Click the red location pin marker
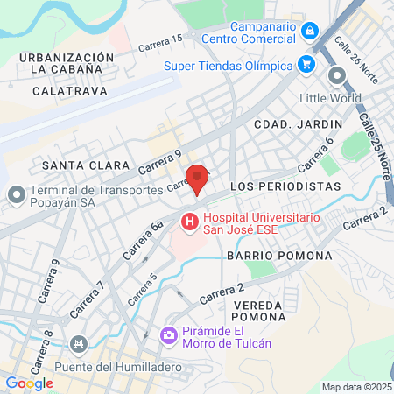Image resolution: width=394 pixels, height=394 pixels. point(198,179)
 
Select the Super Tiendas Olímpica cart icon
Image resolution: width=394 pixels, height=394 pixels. point(306,64)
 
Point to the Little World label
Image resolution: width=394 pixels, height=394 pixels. point(331,97)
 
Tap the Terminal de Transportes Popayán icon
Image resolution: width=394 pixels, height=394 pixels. point(17,197)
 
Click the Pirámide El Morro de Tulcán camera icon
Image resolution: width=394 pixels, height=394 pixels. point(169,334)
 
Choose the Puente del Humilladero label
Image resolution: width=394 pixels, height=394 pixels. point(124,365)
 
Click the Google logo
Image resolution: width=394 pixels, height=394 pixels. point(29,383)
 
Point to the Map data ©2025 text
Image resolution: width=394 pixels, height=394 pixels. point(355,387)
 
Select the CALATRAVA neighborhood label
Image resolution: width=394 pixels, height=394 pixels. point(69,90)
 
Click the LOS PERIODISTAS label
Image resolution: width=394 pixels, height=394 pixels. point(285,187)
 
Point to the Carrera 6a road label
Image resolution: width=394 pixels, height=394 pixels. point(144,240)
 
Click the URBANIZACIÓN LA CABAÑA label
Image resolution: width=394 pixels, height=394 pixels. point(67,65)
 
